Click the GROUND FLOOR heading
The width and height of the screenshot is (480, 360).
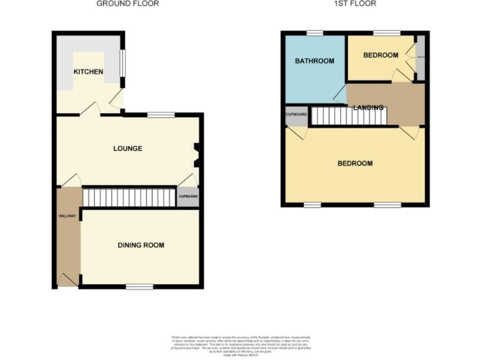tap(127, 4)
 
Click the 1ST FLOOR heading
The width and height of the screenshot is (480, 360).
tap(355, 4)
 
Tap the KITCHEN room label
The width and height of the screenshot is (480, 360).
tap(88, 72)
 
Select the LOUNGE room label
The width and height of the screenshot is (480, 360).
tap(127, 149)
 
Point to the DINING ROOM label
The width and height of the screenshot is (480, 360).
tap(141, 245)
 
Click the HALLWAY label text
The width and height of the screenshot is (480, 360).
tap(67, 216)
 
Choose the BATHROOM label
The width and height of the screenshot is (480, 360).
tap(314, 61)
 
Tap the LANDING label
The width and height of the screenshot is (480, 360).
tap(368, 108)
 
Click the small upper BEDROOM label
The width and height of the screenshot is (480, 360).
tap(381, 55)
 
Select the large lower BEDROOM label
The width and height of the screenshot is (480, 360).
tap(355, 163)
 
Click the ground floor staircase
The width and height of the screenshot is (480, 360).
tap(127, 198)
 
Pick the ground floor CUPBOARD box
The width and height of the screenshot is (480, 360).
tap(188, 197)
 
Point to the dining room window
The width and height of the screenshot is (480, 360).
tap(139, 287)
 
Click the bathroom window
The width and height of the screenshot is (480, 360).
tap(314, 32)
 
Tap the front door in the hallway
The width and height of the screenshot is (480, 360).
tap(67, 280)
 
